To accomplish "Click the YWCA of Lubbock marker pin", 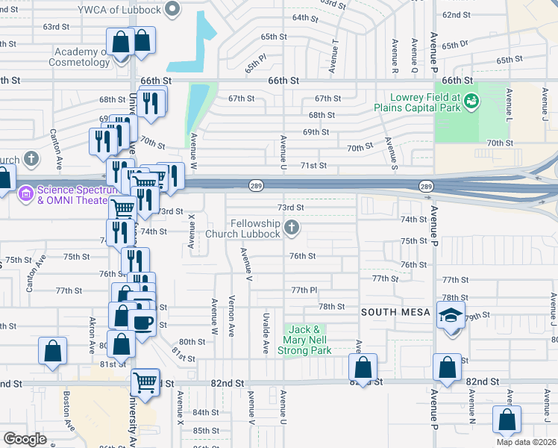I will [173, 10].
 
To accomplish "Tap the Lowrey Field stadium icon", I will [471, 99].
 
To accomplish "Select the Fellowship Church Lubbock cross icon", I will [292, 227].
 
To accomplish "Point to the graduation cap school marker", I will [451, 315].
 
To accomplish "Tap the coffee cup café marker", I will [142, 323].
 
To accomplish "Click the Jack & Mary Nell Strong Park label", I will [304, 340].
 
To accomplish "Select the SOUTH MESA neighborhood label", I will [392, 311].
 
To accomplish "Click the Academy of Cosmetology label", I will [84, 57].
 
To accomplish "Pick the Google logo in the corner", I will [25, 438].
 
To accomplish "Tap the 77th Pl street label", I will [304, 290].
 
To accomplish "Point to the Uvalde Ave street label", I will [265, 334].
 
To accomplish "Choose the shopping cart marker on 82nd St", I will [145, 382].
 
